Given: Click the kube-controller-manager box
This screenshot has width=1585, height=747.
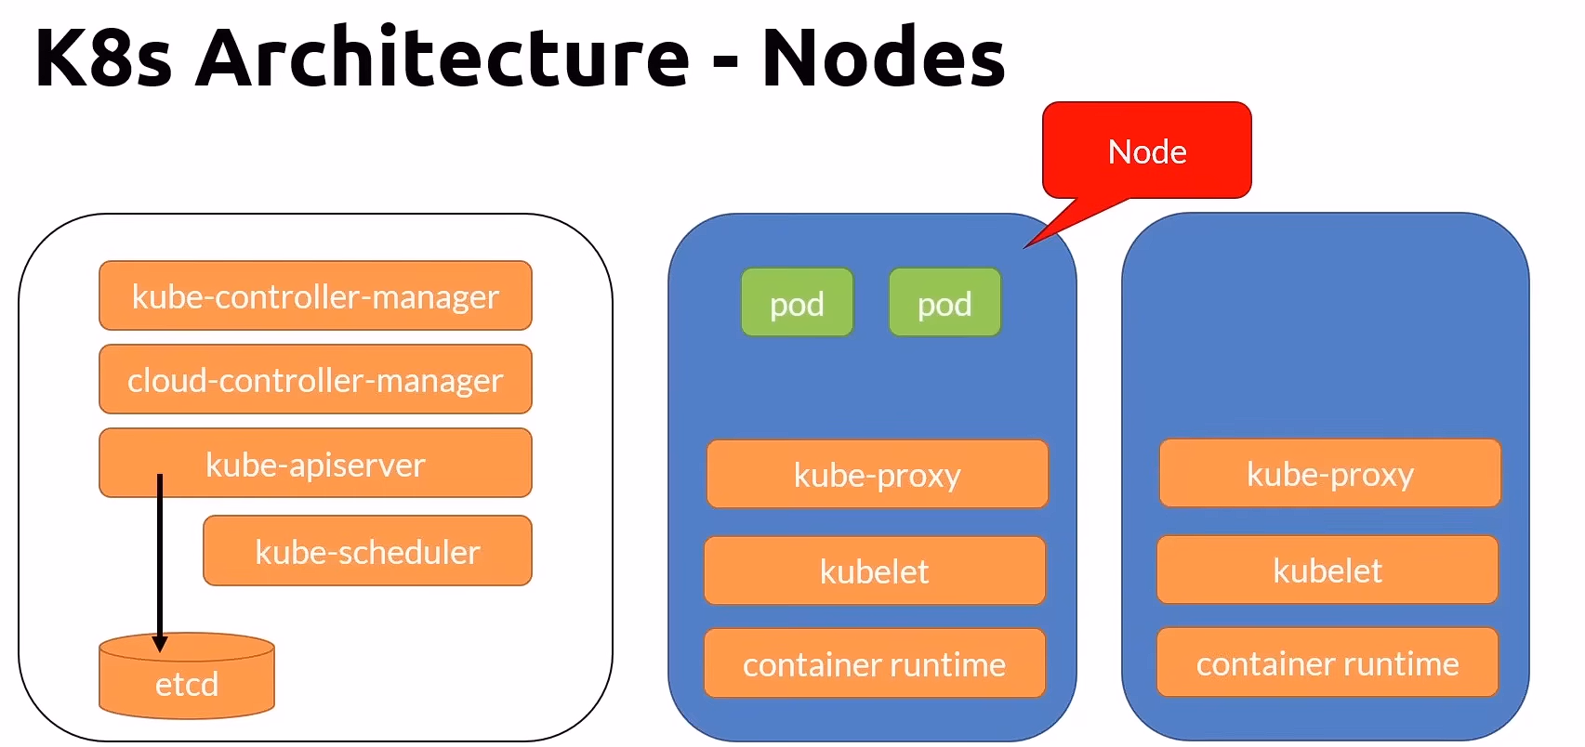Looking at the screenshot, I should point(315,296).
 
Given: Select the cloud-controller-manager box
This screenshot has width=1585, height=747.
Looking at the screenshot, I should point(315,380).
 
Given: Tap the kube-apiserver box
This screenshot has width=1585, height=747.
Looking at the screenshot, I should point(315,464).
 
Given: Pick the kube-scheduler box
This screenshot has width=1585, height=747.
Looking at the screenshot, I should point(367,552).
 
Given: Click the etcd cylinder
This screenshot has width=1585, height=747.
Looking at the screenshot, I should point(187,683).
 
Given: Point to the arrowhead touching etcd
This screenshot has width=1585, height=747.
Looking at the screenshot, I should point(160,644).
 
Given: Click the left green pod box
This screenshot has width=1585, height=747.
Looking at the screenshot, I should point(797,303).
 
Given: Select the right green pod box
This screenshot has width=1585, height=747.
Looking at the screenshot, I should point(944,303).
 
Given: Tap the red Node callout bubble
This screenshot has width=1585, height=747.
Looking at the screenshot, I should point(1147,151).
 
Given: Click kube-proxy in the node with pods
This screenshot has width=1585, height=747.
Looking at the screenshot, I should point(877,475).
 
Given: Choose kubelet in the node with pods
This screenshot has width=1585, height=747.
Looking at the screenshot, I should point(874,571).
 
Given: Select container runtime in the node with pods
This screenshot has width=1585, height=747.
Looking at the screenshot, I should point(874,663).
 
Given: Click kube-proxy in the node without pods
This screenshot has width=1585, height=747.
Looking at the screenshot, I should point(1329,474).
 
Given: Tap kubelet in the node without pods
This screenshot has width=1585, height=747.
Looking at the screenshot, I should point(1327,570).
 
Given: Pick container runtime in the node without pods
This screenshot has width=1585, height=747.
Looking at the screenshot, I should point(1327,662).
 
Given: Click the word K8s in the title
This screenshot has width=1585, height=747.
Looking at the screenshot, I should point(103,58).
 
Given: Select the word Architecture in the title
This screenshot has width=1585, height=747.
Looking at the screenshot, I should point(442,58).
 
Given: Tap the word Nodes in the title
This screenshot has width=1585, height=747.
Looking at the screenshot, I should point(883,58).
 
